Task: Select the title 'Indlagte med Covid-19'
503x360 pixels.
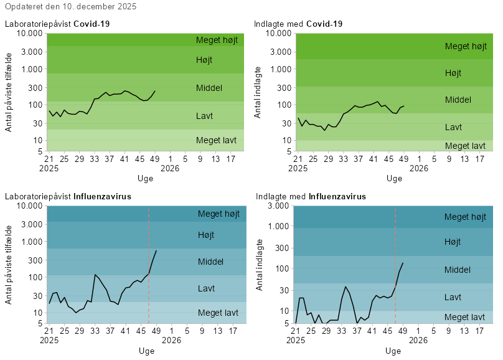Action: point(298,24)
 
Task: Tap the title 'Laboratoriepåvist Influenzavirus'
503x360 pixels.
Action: point(68,197)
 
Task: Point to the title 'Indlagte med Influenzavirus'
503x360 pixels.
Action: point(311,196)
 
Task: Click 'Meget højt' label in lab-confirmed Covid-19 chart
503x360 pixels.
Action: point(217,40)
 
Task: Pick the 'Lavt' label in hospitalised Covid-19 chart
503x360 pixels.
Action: point(453,127)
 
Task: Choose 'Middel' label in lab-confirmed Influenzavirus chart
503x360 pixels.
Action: point(210,262)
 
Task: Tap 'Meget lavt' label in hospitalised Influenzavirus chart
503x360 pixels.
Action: point(464,317)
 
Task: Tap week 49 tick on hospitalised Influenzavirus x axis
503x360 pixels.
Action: point(403,332)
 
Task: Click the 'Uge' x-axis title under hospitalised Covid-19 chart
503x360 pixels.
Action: point(394,178)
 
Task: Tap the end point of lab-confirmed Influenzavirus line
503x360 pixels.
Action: point(156,250)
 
